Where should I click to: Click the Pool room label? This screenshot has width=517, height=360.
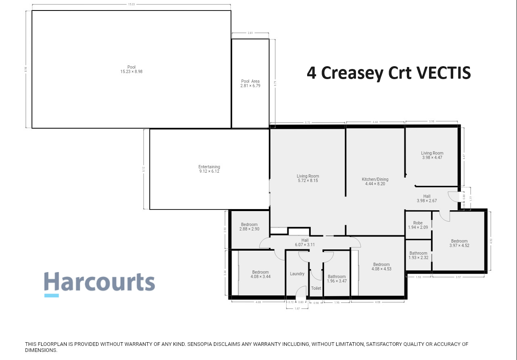pos(131,69)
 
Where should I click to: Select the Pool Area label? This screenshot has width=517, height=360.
pos(250,84)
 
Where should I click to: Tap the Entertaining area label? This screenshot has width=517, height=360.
pos(209,169)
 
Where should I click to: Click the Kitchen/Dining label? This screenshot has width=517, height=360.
pos(375,181)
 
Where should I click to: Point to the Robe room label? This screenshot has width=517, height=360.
pos(418,225)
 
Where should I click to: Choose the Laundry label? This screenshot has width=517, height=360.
pos(297,274)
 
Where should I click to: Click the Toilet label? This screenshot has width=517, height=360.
pos(316,288)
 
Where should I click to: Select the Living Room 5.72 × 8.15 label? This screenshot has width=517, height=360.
pos(308,178)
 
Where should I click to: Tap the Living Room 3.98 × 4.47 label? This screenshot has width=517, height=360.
pos(432,155)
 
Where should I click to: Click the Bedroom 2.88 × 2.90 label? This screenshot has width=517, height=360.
pos(249,227)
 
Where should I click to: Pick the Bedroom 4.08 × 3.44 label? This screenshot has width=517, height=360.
pos(260,274)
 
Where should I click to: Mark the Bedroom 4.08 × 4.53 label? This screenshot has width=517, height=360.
pos(381,267)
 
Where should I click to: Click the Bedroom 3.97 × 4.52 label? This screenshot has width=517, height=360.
pos(459,243)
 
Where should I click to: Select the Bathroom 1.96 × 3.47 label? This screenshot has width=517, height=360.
pos(337,279)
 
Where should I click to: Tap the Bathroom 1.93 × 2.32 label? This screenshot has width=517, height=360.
pos(418,255)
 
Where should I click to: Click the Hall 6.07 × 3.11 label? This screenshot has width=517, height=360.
pos(305,242)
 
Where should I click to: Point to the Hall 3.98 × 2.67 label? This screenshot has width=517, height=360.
pos(427,199)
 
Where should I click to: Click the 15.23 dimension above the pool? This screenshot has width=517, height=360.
pos(131,4)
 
